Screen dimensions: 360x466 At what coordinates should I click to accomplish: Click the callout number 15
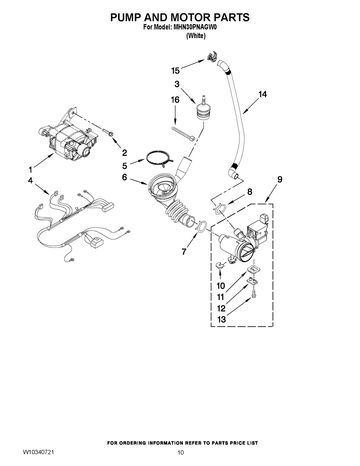pyautogui.click(x=175, y=71)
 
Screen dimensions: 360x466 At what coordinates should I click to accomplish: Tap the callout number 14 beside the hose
pyautogui.click(x=262, y=94)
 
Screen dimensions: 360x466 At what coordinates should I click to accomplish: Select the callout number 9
pyautogui.click(x=280, y=179)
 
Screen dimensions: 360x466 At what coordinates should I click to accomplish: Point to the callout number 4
pyautogui.click(x=30, y=180)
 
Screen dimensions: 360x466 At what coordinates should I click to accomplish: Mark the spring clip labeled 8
pyautogui.click(x=220, y=210)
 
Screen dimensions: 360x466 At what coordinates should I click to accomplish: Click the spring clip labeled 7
pyautogui.click(x=202, y=227)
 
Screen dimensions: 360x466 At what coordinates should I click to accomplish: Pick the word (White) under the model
pyautogui.click(x=196, y=36)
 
